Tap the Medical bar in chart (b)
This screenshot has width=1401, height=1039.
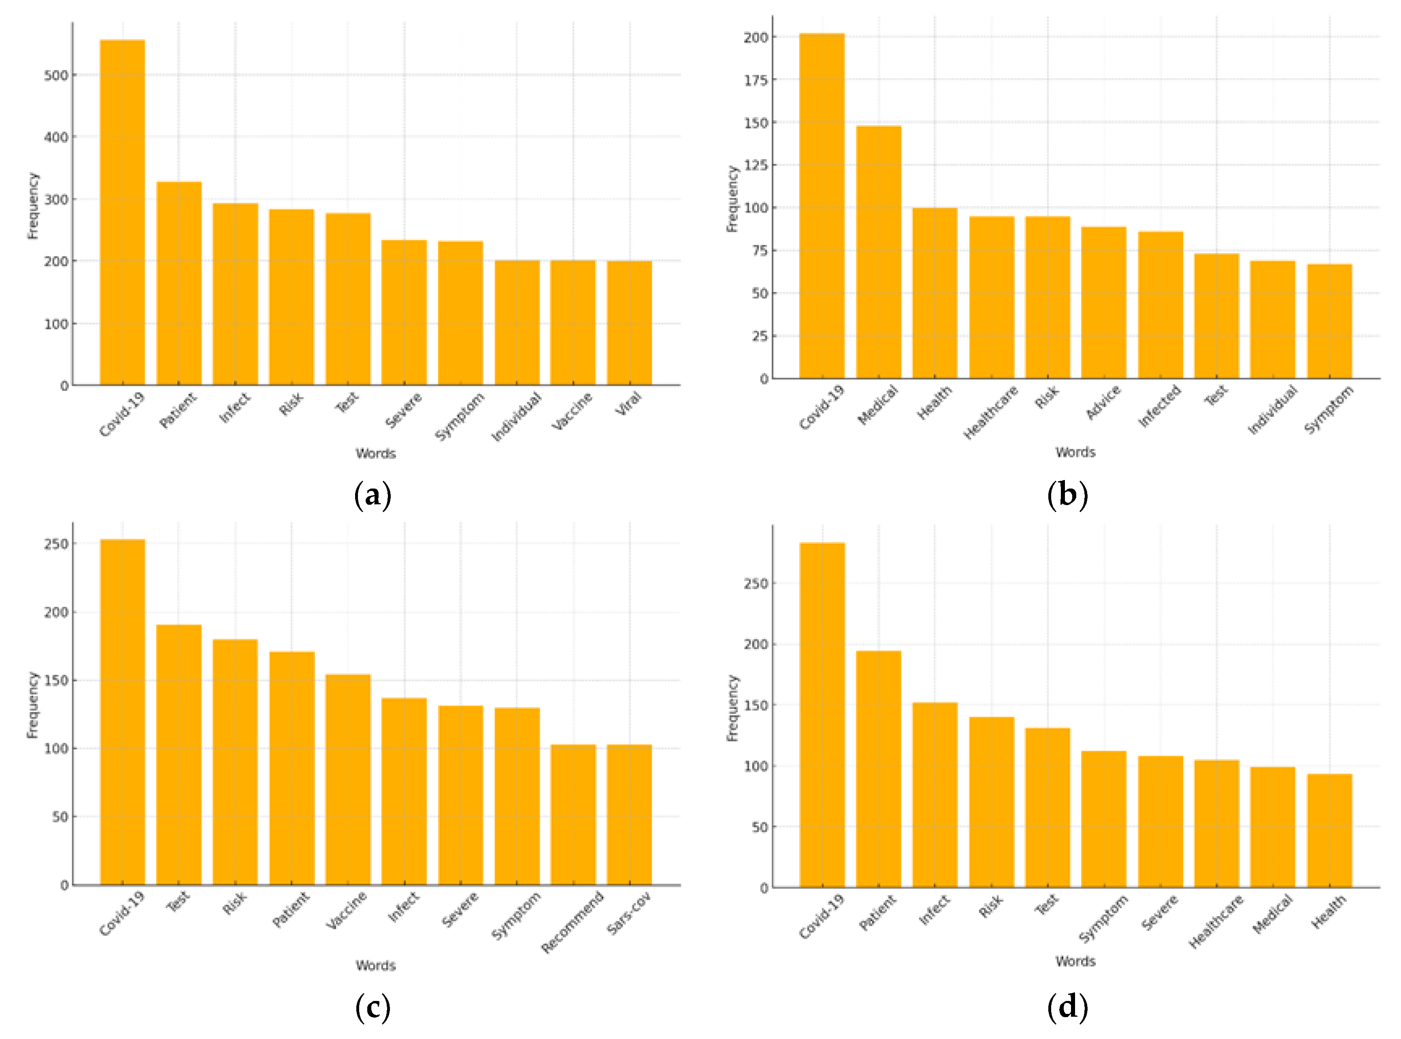click(x=878, y=252)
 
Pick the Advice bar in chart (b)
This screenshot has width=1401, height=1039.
click(x=1103, y=302)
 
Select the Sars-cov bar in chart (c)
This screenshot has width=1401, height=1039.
click(x=629, y=814)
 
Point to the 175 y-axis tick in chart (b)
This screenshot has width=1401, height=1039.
click(x=756, y=80)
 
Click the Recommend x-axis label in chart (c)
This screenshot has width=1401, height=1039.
click(x=573, y=921)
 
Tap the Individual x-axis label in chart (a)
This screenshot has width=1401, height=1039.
click(x=516, y=416)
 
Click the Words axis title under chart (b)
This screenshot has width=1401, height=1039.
click(x=1075, y=452)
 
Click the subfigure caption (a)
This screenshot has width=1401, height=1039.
click(x=373, y=495)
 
